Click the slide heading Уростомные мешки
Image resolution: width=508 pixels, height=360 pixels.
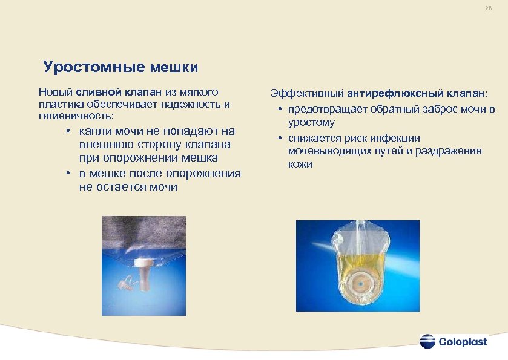coord(120,67)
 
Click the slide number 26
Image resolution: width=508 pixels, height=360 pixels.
coord(488,9)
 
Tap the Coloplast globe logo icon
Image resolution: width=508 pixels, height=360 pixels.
coord(427,341)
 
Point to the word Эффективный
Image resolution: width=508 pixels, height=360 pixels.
coord(307,94)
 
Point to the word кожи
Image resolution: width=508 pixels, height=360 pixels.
coord(300,164)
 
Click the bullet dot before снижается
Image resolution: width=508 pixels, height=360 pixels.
coord(282,138)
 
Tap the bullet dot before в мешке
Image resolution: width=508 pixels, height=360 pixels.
coord(70,174)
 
